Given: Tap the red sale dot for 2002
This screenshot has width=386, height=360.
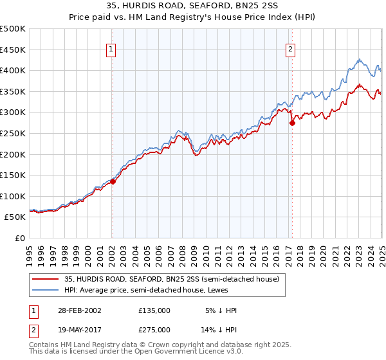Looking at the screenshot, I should click(113, 181).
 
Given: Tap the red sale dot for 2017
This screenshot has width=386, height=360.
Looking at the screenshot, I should click(291, 123).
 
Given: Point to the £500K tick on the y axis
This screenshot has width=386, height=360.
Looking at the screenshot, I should click(14, 29).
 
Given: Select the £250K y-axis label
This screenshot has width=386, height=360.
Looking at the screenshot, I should click(14, 133).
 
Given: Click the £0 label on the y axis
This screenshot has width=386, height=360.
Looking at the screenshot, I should click(19, 238).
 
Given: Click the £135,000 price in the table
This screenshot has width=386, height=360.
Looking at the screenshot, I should click(154, 310).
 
